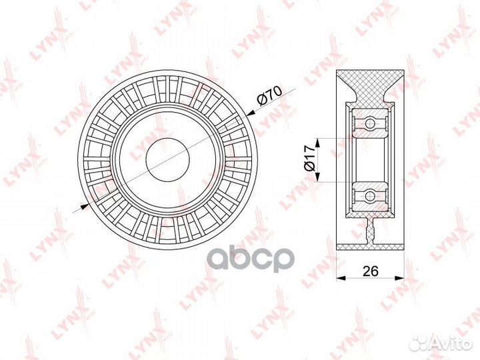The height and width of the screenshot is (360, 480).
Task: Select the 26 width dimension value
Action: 371,271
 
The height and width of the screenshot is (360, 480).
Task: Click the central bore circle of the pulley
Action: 168,159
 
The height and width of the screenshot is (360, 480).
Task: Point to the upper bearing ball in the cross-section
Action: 370,123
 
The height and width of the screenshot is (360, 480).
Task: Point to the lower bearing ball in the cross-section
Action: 370,195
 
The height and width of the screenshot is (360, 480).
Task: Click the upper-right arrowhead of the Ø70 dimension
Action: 251,113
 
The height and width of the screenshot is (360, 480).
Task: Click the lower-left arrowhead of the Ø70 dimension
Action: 85,207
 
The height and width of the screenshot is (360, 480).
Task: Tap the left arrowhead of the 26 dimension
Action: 341,278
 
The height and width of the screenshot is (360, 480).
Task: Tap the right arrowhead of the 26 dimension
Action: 399,278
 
